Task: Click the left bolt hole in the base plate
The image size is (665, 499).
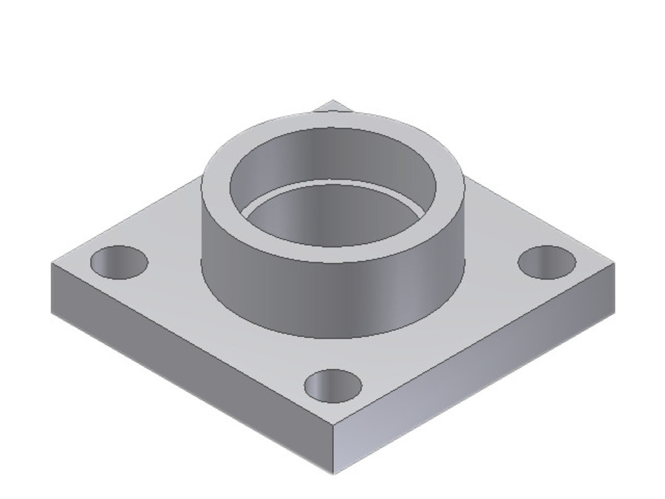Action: tap(119, 262)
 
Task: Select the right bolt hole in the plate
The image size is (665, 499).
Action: tap(547, 262)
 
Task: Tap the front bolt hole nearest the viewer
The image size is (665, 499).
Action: tap(333, 386)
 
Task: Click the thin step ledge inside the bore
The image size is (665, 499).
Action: tap(332, 182)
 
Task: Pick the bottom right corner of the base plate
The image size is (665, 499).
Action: tap(614, 311)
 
